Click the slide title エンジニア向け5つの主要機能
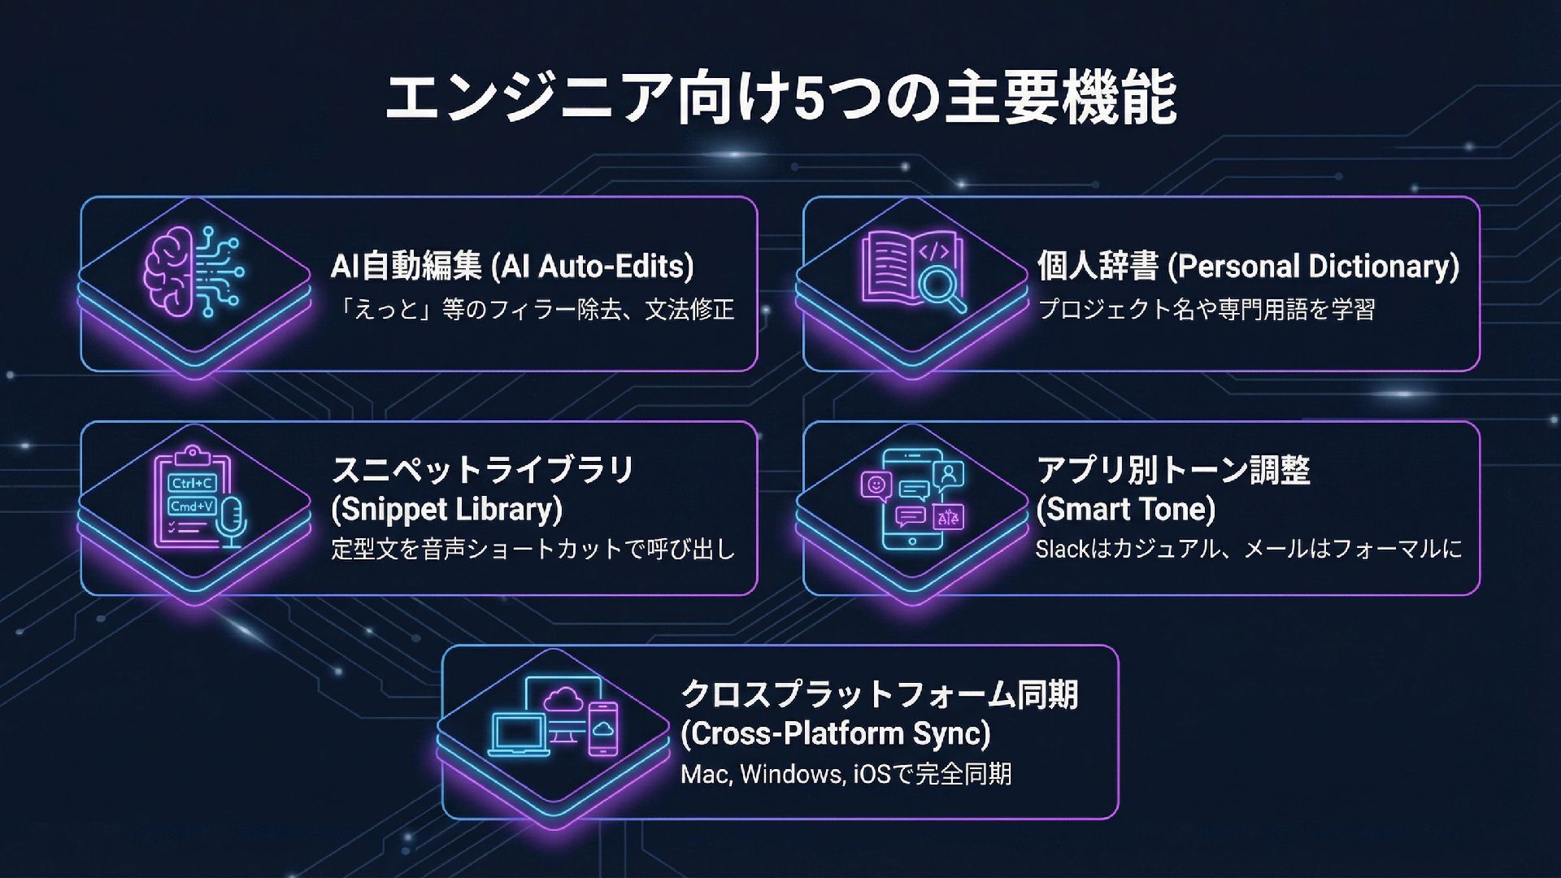[780, 99]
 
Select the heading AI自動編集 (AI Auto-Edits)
[512, 267]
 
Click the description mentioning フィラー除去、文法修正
[537, 310]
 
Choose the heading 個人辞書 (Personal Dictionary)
[1248, 267]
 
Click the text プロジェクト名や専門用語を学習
[1207, 310]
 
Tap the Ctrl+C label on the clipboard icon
[192, 483]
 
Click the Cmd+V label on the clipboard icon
[191, 506]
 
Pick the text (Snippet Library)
[446, 510]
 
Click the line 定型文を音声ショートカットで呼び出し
[533, 550]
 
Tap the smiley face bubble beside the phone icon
[876, 485]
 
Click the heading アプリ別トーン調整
[1172, 470]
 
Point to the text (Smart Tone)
[1125, 510]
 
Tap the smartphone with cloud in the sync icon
[602, 728]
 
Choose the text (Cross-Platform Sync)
[835, 734]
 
